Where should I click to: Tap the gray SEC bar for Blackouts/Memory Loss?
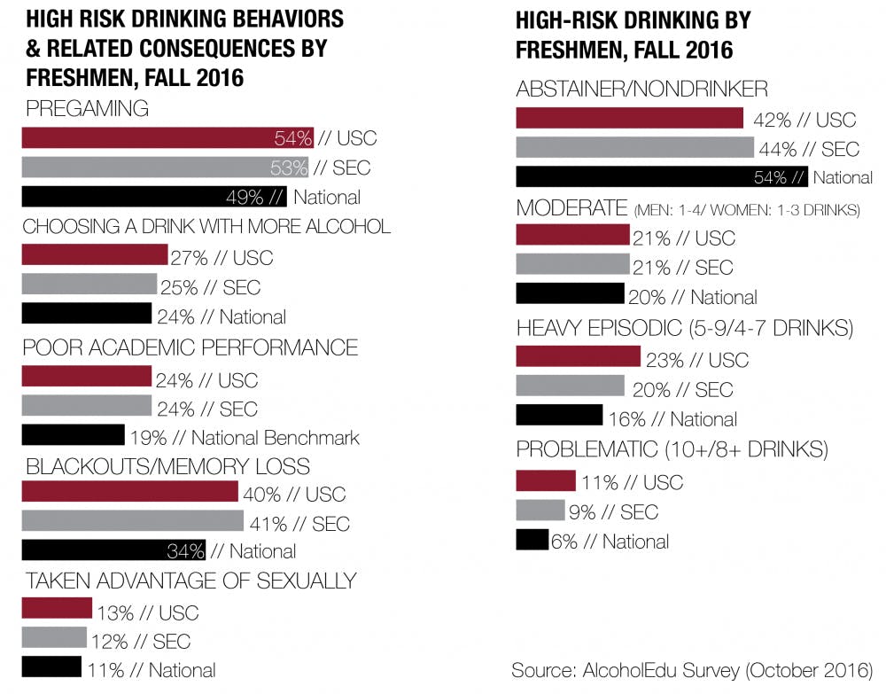(132, 520)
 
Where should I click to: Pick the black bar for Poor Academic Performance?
(73, 434)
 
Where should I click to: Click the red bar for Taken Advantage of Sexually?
(57, 609)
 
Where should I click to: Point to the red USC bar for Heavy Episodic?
(578, 356)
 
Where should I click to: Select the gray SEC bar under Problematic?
(540, 511)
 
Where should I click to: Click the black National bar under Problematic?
(532, 539)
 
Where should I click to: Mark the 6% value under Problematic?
(564, 542)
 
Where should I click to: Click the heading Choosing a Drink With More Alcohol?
(206, 227)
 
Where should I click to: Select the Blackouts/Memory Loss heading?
(167, 465)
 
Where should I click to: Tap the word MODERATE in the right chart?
(571, 208)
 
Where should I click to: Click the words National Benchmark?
(276, 438)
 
